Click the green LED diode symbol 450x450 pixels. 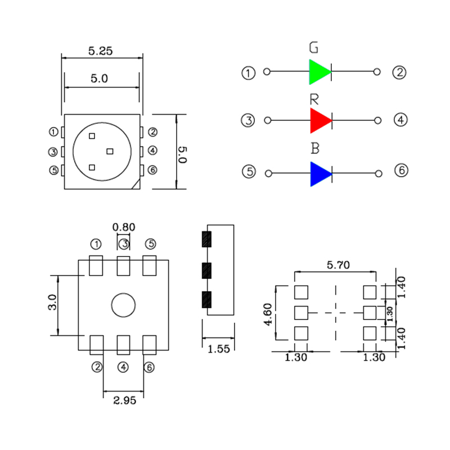click(x=320, y=72)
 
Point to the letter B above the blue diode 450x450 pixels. click(x=315, y=149)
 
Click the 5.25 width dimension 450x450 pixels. click(x=101, y=50)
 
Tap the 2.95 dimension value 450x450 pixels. click(x=124, y=400)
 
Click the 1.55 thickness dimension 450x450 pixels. click(x=219, y=349)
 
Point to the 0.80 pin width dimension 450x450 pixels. click(x=124, y=227)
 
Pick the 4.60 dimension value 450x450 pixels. click(x=268, y=314)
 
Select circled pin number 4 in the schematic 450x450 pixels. click(x=400, y=120)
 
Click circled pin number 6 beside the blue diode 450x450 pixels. click(x=400, y=170)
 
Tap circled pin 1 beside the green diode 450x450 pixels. click(x=248, y=73)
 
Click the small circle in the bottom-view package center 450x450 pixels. click(x=123, y=305)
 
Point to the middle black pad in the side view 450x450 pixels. click(x=206, y=271)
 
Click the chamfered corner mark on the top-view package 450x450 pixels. click(x=135, y=184)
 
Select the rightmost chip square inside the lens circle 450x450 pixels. click(x=110, y=151)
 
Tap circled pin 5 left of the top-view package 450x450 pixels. click(x=54, y=170)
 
